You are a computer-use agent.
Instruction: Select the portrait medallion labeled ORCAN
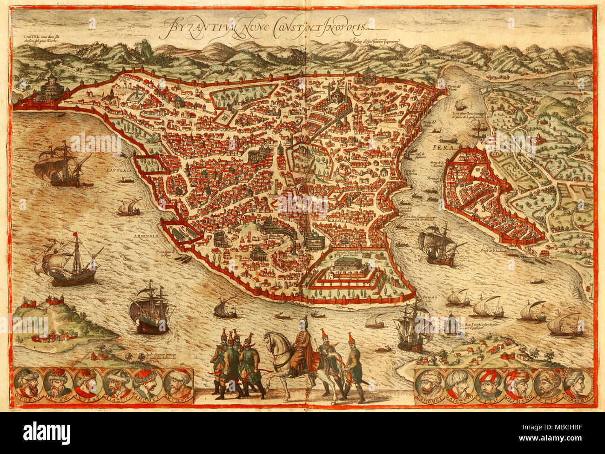point(57,382)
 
